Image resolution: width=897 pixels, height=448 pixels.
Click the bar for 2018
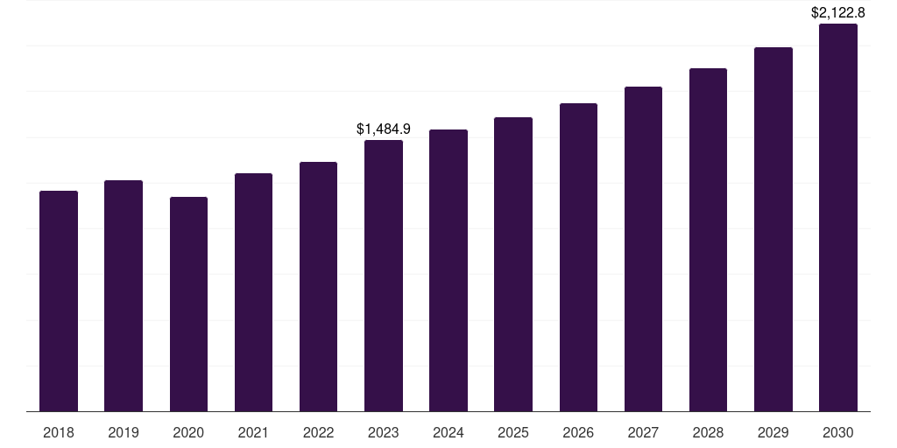point(59,301)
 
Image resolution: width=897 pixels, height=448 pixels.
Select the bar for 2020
point(188,304)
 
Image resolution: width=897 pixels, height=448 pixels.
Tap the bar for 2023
point(384,276)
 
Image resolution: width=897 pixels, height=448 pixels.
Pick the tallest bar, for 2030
point(838,218)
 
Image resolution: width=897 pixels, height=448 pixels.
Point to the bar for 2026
point(578,257)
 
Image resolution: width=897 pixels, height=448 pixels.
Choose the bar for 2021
point(253,292)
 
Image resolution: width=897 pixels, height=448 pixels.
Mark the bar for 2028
point(708,240)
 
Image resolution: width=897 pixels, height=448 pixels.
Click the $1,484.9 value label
point(384,129)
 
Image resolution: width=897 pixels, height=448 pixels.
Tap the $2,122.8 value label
point(838,12)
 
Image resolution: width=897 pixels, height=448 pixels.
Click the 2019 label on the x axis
point(124,432)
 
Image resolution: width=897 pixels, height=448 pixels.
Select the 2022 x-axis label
point(318,432)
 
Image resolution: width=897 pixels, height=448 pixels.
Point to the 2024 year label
point(448,432)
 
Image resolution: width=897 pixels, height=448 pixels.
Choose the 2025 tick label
point(513,432)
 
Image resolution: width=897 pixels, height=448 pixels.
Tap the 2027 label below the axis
point(643,432)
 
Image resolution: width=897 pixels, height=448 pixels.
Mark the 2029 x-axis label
point(773,432)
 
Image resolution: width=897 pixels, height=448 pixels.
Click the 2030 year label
point(838,432)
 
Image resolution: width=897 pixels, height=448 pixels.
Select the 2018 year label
point(59,432)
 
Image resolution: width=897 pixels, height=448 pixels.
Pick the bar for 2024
point(448,270)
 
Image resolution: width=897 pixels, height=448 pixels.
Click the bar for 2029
point(773,229)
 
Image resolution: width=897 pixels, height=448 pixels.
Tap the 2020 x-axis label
point(188,432)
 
